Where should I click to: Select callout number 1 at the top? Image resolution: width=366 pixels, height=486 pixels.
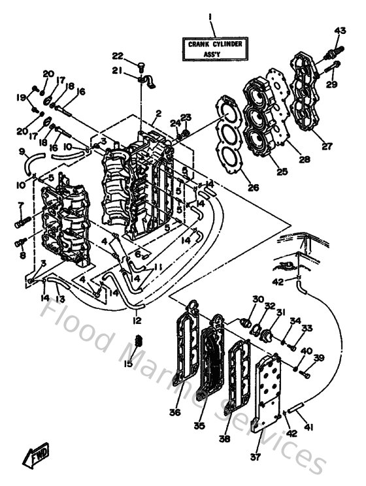pyautogui.click(x=210, y=16)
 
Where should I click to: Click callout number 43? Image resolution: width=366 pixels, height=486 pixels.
pyautogui.click(x=340, y=30)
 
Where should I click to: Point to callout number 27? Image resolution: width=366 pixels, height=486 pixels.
pyautogui.click(x=325, y=146)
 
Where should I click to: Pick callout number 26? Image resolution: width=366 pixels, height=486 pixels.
pyautogui.click(x=253, y=187)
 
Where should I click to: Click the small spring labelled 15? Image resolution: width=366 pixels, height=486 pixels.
pyautogui.click(x=138, y=340)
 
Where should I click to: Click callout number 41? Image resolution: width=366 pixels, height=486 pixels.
pyautogui.click(x=309, y=427)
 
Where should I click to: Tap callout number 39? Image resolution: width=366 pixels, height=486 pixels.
pyautogui.click(x=319, y=357)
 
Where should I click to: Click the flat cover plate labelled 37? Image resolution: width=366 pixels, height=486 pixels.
pyautogui.click(x=269, y=392)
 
